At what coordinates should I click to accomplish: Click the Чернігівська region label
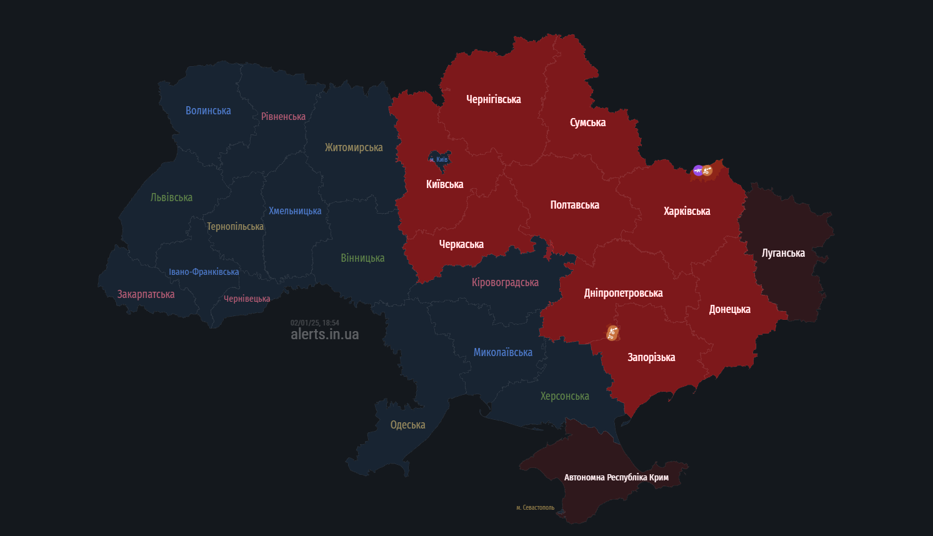click(x=493, y=99)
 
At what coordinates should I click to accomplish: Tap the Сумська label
click(x=587, y=122)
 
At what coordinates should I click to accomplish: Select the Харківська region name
click(x=687, y=211)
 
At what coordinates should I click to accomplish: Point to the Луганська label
click(x=783, y=253)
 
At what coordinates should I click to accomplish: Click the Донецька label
click(x=729, y=309)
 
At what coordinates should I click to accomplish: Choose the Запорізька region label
click(x=651, y=357)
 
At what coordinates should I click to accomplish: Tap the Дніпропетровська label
click(x=623, y=293)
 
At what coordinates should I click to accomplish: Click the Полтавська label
click(x=574, y=205)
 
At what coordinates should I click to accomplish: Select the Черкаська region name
click(x=461, y=244)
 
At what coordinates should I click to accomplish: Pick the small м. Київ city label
click(x=439, y=159)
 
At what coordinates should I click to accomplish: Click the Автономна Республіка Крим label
click(x=616, y=477)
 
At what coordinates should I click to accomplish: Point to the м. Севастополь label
click(x=535, y=507)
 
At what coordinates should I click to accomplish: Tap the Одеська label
click(x=407, y=425)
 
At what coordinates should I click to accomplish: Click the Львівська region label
click(x=171, y=197)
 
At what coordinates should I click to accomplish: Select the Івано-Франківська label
click(x=204, y=272)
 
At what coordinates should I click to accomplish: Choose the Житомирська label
click(x=354, y=147)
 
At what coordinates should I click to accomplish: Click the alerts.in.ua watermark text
click(x=324, y=334)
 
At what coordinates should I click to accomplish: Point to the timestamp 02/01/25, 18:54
click(x=314, y=323)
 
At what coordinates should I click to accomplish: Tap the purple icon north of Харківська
click(x=698, y=170)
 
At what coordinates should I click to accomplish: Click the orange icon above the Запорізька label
click(x=612, y=333)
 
